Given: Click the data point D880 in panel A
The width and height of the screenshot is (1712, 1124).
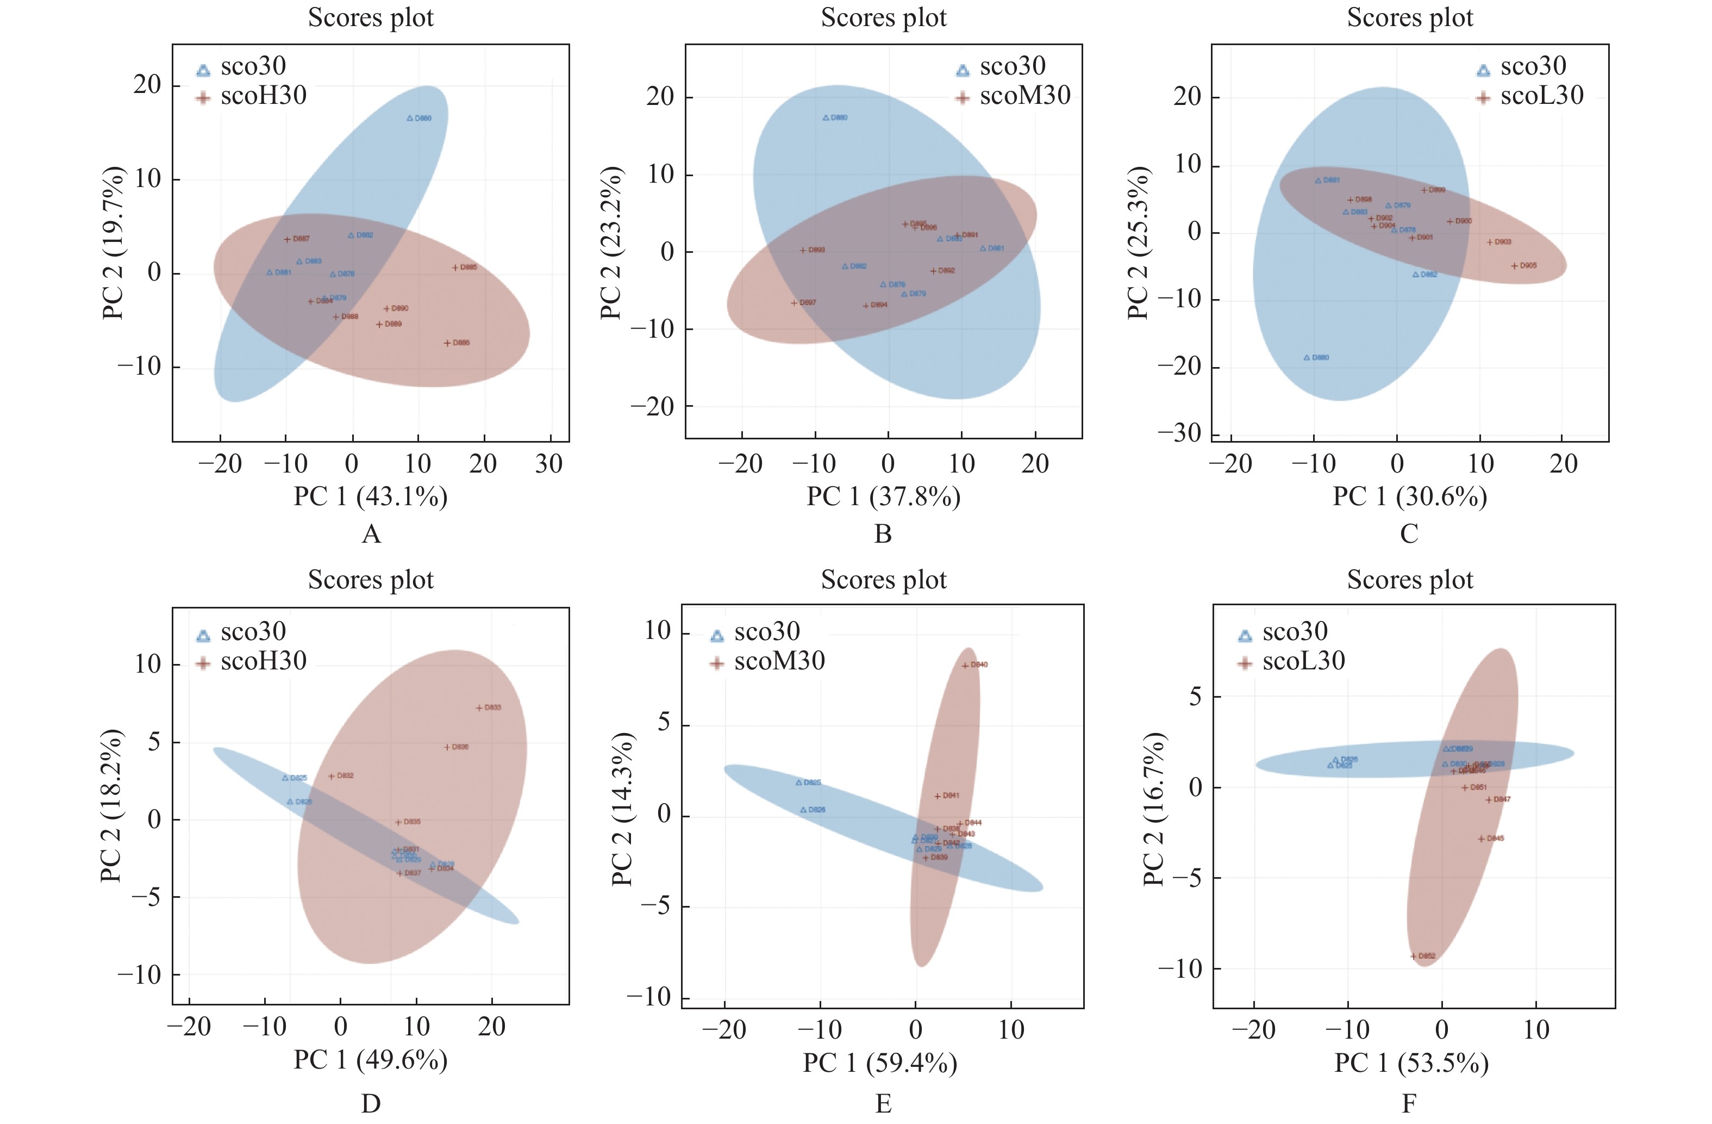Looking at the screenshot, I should tap(410, 118).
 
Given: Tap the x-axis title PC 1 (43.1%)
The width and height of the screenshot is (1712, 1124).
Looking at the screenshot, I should tap(371, 496).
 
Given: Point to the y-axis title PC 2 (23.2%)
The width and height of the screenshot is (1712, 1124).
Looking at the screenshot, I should tap(611, 243).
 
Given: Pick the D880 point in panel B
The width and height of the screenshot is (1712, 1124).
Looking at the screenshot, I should tap(826, 117).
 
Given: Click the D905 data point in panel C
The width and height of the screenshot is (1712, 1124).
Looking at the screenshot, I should tap(1514, 265).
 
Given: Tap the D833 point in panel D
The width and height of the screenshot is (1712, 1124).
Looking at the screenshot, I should tap(479, 708).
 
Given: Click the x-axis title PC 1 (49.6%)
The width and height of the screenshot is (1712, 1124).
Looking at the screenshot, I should tap(371, 1060).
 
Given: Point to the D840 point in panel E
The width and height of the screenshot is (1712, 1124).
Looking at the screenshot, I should tap(965, 665).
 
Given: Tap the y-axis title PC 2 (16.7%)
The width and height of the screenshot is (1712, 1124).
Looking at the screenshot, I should tap(1153, 809).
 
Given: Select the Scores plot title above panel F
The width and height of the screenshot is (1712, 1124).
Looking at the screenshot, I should tap(1410, 580).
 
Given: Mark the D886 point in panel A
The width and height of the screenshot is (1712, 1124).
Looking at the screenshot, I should tap(447, 343).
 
